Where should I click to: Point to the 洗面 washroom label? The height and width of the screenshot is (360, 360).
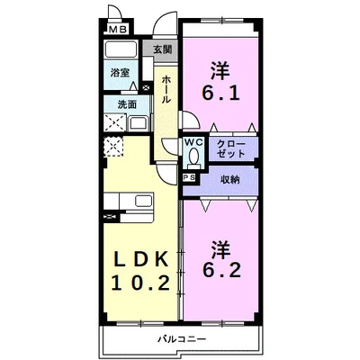click(x=127, y=105)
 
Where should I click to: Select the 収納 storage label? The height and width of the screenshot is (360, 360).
click(x=230, y=180)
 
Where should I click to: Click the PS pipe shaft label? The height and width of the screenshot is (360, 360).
click(x=189, y=179)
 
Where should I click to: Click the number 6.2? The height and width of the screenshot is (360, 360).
click(x=220, y=271)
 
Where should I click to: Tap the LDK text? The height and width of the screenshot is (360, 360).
click(x=139, y=259)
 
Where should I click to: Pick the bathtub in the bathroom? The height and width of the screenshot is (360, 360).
click(x=121, y=51)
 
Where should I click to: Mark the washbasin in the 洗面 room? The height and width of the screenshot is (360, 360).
click(x=127, y=122)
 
